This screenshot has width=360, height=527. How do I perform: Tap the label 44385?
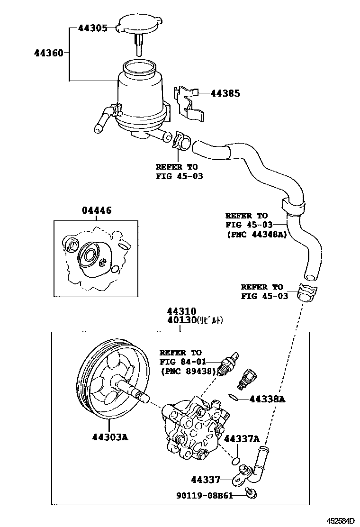coord(225,93)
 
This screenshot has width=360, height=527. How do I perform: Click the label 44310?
coord(181,311)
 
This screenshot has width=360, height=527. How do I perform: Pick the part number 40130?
coord(181,320)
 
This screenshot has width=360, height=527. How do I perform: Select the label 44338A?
coord(267,400)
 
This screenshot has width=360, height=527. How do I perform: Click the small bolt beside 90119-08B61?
coord(251,495)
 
